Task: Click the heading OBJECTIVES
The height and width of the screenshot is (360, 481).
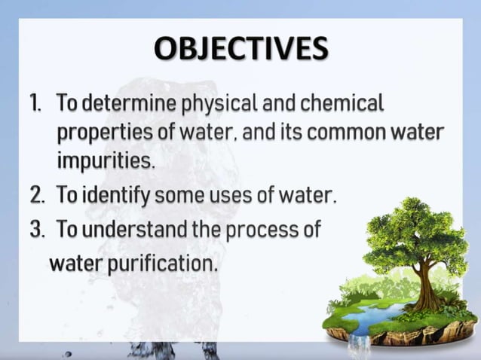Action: [241, 49]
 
